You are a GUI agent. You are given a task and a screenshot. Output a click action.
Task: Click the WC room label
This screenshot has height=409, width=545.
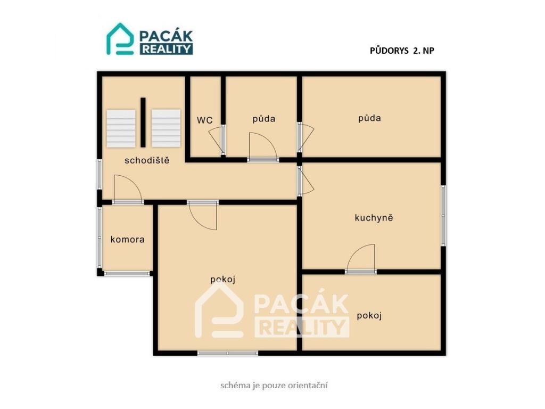click(205, 120)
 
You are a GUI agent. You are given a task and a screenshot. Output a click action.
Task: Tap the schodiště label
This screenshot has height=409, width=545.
click(147, 160)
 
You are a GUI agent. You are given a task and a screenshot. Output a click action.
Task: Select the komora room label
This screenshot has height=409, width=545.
click(128, 239)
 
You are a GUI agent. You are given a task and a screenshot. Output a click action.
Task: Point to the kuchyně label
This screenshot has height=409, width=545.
click(374, 218)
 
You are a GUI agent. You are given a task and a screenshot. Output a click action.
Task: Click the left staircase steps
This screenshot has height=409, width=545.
click(121, 128)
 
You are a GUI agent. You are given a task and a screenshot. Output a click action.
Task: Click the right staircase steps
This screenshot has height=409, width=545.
click(166, 128)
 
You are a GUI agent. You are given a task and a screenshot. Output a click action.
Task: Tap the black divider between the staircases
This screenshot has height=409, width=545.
click(143, 122)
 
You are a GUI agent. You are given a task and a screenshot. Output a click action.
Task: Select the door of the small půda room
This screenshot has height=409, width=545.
click(263, 147)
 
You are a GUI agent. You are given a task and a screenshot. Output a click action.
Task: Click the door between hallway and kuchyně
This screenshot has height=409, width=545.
click(306, 181)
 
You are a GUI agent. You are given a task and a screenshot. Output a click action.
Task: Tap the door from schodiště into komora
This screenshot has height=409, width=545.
click(128, 189)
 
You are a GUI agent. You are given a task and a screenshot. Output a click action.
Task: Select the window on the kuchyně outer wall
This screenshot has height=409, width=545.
click(443, 216)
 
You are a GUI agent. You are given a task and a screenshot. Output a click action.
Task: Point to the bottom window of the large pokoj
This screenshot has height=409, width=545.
click(228, 353)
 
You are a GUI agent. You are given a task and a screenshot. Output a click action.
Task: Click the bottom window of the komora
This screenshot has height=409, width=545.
click(127, 273)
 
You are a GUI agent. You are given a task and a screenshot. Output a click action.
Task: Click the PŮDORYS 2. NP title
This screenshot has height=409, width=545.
click(402, 51)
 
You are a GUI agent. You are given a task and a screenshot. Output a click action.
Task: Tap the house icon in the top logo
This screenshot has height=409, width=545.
click(120, 39)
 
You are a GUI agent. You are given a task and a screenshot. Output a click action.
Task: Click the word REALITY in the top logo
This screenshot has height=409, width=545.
click(167, 49)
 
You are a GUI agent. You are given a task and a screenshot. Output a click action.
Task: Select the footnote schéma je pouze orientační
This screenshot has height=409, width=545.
click(274, 386)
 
